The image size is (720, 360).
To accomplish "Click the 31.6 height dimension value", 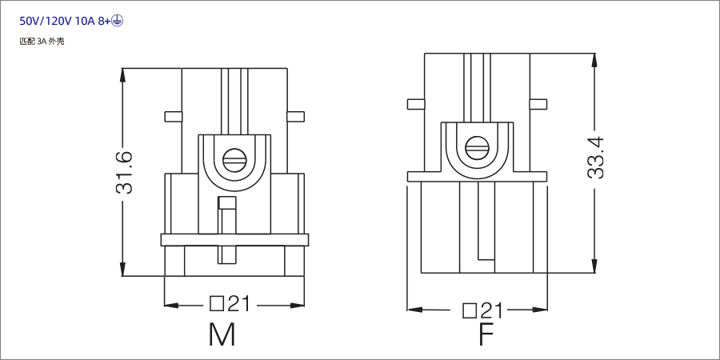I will [x=123, y=172].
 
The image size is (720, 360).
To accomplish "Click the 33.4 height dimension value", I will [x=595, y=157].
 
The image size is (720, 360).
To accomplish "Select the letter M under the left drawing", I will [x=222, y=334].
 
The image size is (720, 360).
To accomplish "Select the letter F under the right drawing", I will [x=486, y=334].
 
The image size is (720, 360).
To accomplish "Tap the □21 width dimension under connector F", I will [x=483, y=310].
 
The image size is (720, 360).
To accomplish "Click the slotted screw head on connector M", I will [x=234, y=160].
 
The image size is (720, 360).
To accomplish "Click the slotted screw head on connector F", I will [x=477, y=147].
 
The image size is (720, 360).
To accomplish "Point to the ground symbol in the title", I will [x=118, y=22].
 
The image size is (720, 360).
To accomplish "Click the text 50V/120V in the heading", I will [x=45, y=22].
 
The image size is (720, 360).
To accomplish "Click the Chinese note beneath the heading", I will [x=42, y=41].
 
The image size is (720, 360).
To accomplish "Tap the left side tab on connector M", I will [x=173, y=117].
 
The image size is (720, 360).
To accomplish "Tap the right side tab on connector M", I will [x=295, y=117].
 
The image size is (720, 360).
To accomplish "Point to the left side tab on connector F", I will [x=415, y=104].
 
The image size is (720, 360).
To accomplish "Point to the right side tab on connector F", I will [x=538, y=104].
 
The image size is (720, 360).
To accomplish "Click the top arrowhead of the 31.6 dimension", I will [x=123, y=74].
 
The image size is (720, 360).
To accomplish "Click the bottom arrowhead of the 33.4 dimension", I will [x=594, y=266].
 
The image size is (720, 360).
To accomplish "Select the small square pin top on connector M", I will [x=227, y=202].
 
